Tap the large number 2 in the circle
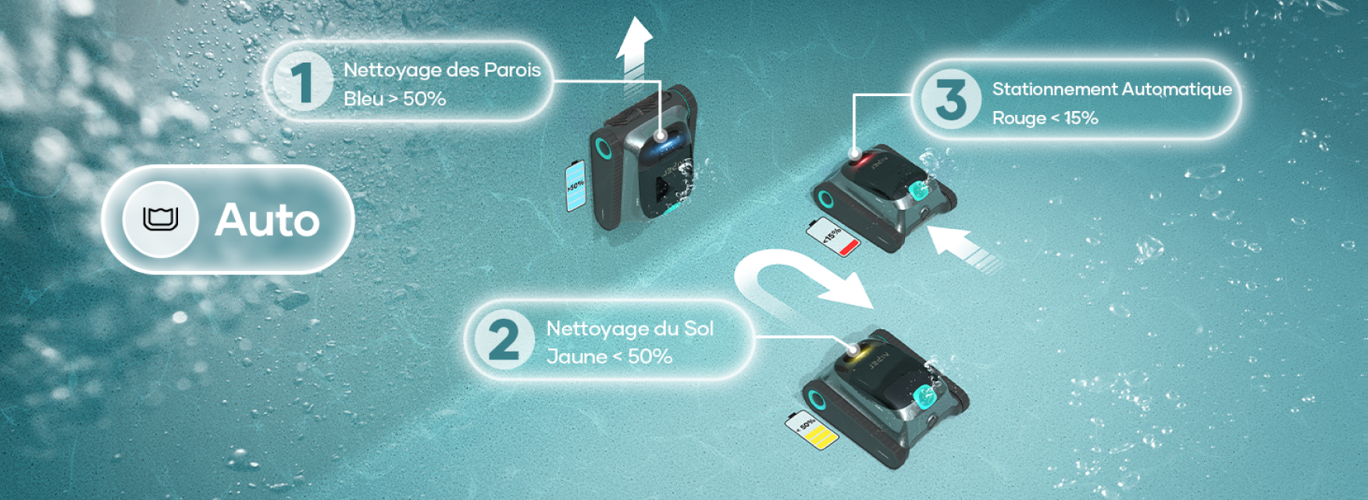click(504, 340)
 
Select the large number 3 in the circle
click(951, 99)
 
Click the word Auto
click(267, 220)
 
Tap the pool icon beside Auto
click(161, 220)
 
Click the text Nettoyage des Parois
click(442, 70)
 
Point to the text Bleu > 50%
click(394, 98)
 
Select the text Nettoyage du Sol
click(630, 328)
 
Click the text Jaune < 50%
click(609, 356)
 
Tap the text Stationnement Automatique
click(1112, 89)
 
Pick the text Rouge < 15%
click(1045, 118)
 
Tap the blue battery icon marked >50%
click(575, 186)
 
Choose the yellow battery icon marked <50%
click(812, 430)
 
